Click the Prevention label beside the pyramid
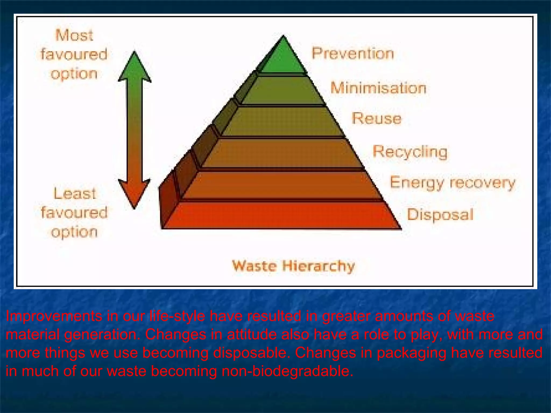tap(352, 53)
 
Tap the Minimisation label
tap(378, 88)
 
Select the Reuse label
tap(376, 118)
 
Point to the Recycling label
tap(410, 151)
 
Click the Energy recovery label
tap(452, 183)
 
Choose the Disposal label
tap(440, 215)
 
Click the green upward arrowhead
tap(135, 67)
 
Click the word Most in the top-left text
tap(74, 35)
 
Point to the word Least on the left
tap(75, 194)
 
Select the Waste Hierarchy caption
tap(293, 266)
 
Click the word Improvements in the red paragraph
tap(54, 316)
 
